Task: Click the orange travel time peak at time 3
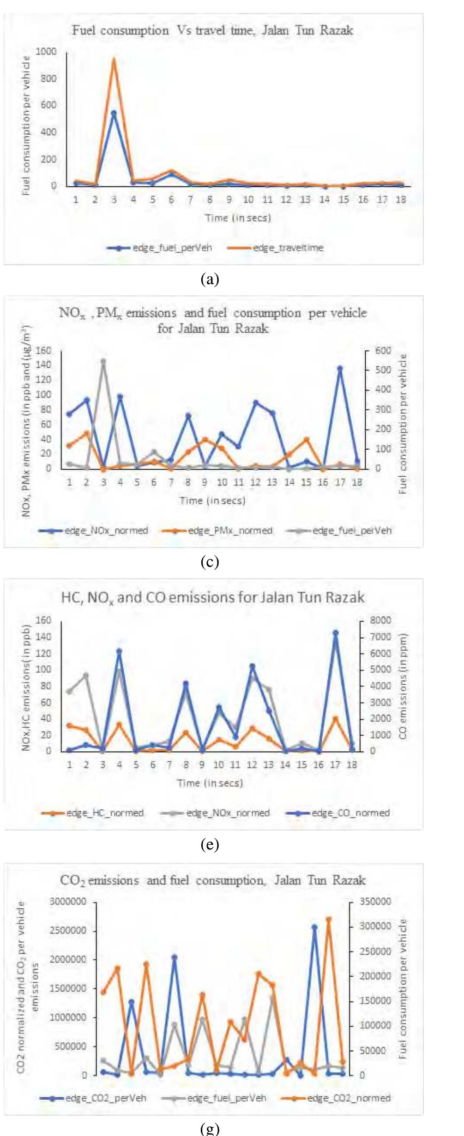pyautogui.click(x=114, y=59)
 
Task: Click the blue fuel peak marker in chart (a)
pyautogui.click(x=114, y=113)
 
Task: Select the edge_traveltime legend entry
pyautogui.click(x=287, y=248)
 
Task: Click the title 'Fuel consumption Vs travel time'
pyautogui.click(x=212, y=31)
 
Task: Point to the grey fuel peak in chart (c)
pyautogui.click(x=103, y=361)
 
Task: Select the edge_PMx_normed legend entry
pyautogui.click(x=229, y=531)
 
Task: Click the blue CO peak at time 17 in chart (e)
pyautogui.click(x=336, y=633)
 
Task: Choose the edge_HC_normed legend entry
pyautogui.click(x=104, y=813)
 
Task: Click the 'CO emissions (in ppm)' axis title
pyautogui.click(x=403, y=686)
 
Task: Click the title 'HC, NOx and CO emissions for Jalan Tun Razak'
pyautogui.click(x=212, y=598)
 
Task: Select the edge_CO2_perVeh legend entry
pyautogui.click(x=105, y=1098)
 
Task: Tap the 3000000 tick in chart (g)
pyautogui.click(x=68, y=902)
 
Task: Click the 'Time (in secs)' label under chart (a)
pyautogui.click(x=238, y=218)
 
